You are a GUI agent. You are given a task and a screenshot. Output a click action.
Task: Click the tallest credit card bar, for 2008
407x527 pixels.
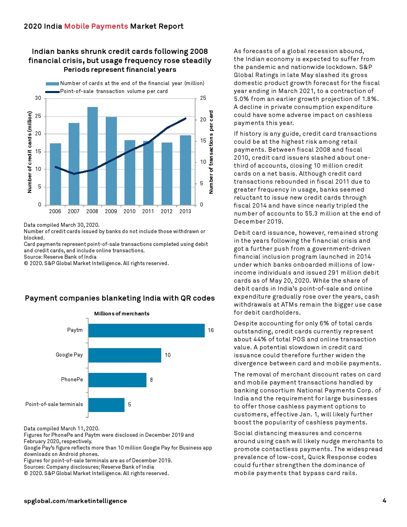tap(92, 156)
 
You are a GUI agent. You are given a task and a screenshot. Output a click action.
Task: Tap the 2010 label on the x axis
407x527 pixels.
tap(129, 211)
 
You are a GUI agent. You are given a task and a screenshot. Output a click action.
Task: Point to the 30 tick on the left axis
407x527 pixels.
tap(38, 98)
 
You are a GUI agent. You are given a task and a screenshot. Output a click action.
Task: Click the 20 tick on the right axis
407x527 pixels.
tap(203, 119)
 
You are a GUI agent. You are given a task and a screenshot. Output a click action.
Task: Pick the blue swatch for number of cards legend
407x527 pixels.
tap(52, 83)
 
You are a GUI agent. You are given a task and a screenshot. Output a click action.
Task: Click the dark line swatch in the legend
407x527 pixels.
tap(52, 91)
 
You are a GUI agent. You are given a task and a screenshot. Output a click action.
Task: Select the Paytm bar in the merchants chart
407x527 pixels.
tap(146, 331)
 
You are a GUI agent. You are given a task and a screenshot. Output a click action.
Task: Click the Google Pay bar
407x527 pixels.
tap(124, 355)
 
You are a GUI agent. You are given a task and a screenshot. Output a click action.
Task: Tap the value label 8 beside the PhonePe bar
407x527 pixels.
tap(151, 380)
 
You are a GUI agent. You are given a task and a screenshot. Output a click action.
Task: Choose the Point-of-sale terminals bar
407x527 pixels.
tap(106, 405)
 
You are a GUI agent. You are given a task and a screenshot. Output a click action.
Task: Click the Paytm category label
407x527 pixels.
tap(75, 330)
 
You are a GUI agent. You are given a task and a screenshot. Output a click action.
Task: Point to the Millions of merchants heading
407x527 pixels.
tap(122, 314)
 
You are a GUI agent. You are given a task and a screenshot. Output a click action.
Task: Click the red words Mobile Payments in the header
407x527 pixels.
tap(96, 26)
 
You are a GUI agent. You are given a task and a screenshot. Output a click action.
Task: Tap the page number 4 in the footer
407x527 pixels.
tap(384, 501)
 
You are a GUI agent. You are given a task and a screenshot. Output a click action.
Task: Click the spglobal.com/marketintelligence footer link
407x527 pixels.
tap(75, 501)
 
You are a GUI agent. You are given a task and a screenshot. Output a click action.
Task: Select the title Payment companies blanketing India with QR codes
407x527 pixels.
tap(120, 298)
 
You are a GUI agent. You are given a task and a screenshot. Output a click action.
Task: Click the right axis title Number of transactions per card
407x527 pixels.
tap(211, 152)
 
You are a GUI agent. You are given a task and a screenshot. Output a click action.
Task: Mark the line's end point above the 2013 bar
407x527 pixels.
tap(185, 118)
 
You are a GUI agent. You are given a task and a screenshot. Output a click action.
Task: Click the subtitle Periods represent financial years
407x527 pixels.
tap(120, 69)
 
